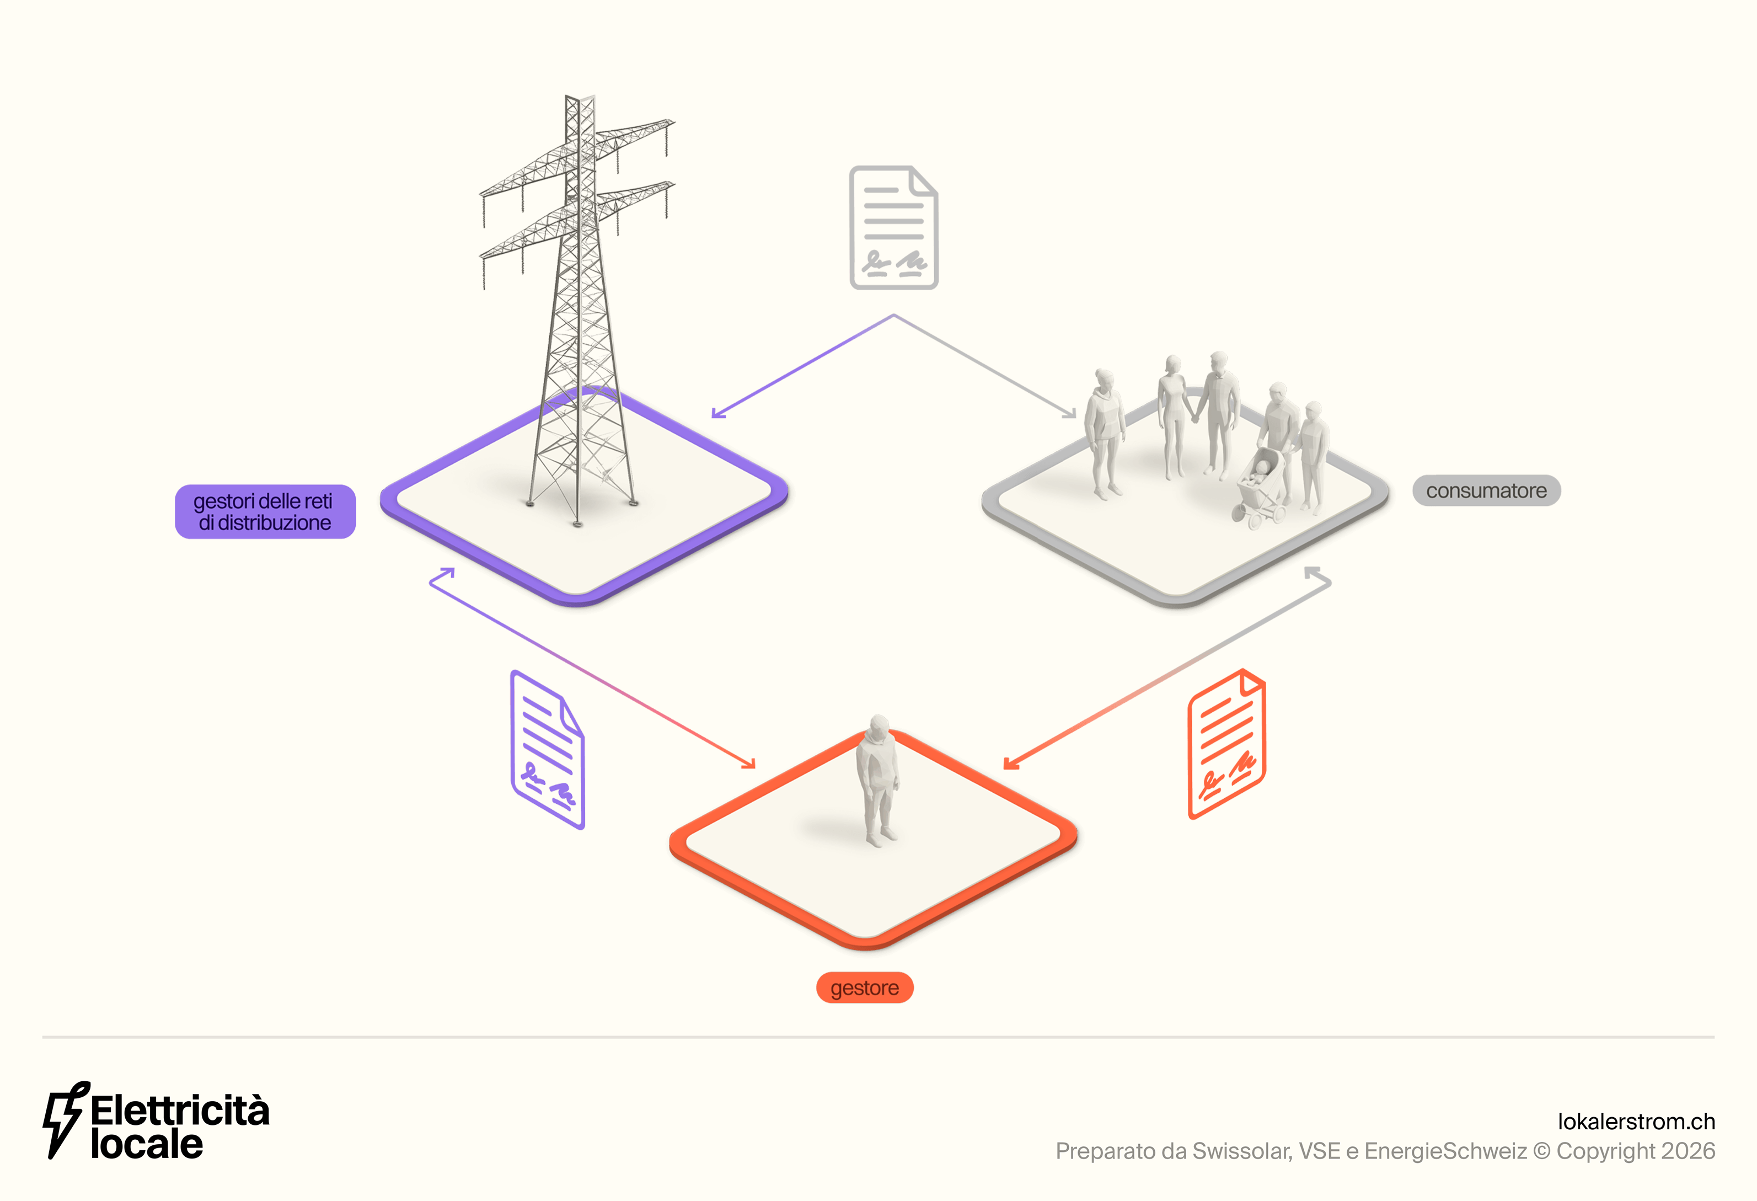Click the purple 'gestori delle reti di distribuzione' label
click(265, 511)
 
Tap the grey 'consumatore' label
click(1486, 491)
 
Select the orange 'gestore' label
click(864, 988)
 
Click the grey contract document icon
click(893, 227)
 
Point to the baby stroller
click(1260, 488)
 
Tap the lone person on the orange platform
click(877, 779)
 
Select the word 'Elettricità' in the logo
click(180, 1110)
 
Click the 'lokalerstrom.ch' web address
click(1636, 1121)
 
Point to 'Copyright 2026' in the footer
click(1635, 1151)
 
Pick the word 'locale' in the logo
click(147, 1144)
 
